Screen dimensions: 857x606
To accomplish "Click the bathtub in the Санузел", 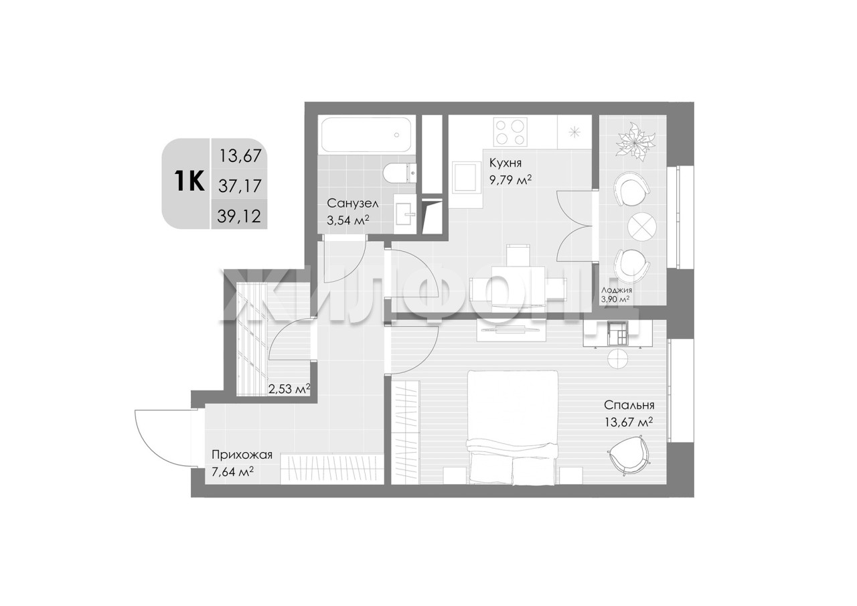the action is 366,135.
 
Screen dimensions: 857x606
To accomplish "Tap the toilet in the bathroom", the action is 400,177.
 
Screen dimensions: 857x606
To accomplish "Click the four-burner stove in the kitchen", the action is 510,131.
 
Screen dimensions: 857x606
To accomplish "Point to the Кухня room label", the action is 505,163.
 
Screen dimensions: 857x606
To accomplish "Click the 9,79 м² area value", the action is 511,179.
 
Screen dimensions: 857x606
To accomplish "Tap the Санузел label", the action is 352,204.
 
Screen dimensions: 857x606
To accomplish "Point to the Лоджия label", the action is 617,291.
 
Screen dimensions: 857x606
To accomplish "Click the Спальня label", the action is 629,404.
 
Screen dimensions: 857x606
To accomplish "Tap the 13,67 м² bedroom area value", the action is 629,423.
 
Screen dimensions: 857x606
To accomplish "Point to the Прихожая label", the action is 242,455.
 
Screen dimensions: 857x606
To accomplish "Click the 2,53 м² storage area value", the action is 289,390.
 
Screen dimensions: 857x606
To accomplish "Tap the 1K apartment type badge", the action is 189,181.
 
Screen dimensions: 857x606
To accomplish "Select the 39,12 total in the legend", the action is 239,216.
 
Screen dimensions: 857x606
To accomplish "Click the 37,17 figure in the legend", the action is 240,186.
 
